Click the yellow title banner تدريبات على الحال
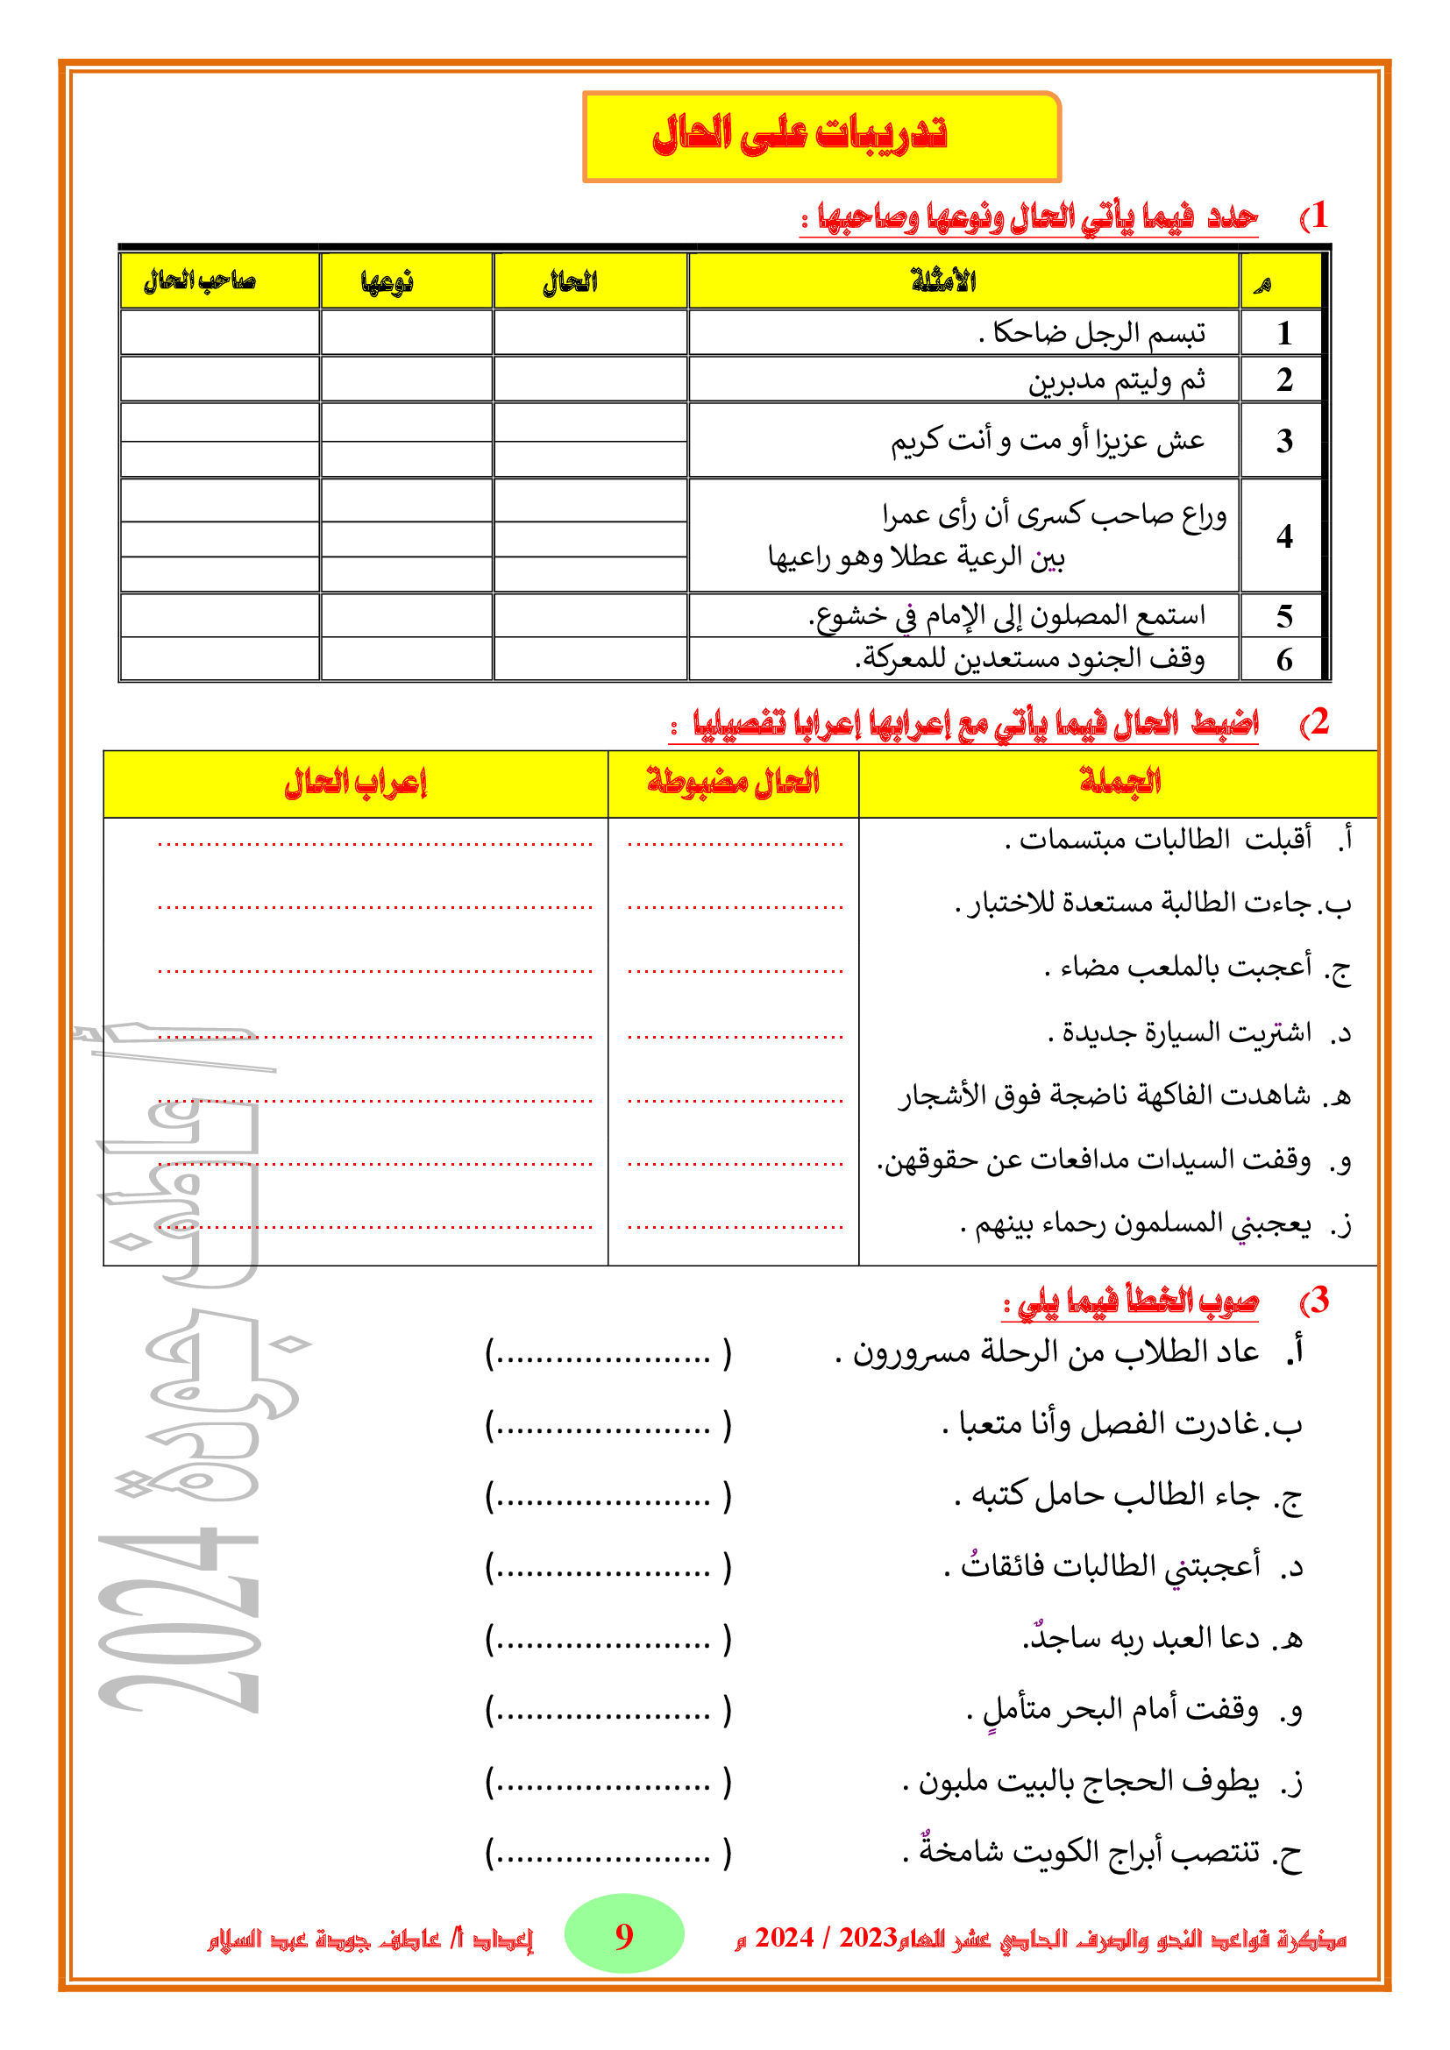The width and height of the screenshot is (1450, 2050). pos(821,137)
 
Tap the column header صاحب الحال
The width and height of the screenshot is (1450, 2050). pos(200,281)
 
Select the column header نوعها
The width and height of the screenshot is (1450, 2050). pos(387,282)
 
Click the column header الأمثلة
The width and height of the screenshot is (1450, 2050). pos(943,281)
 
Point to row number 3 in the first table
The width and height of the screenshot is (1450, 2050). pos(1284,440)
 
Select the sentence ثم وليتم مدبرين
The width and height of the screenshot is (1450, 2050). pos(1116,380)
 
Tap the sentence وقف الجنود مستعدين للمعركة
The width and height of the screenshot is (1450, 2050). pos(1030,659)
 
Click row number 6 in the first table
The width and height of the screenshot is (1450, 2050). pos(1284,660)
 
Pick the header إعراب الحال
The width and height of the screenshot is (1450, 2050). pos(355,783)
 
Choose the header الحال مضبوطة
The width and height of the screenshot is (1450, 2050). pos(733,783)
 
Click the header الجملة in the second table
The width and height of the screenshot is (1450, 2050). pos(1119,782)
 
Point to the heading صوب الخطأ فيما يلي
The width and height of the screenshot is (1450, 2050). pos(1129,1301)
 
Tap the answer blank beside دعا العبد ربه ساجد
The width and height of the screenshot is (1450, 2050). pos(608,1639)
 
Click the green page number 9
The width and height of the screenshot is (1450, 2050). pos(624,1936)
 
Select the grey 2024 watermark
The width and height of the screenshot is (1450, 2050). pos(179,1621)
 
